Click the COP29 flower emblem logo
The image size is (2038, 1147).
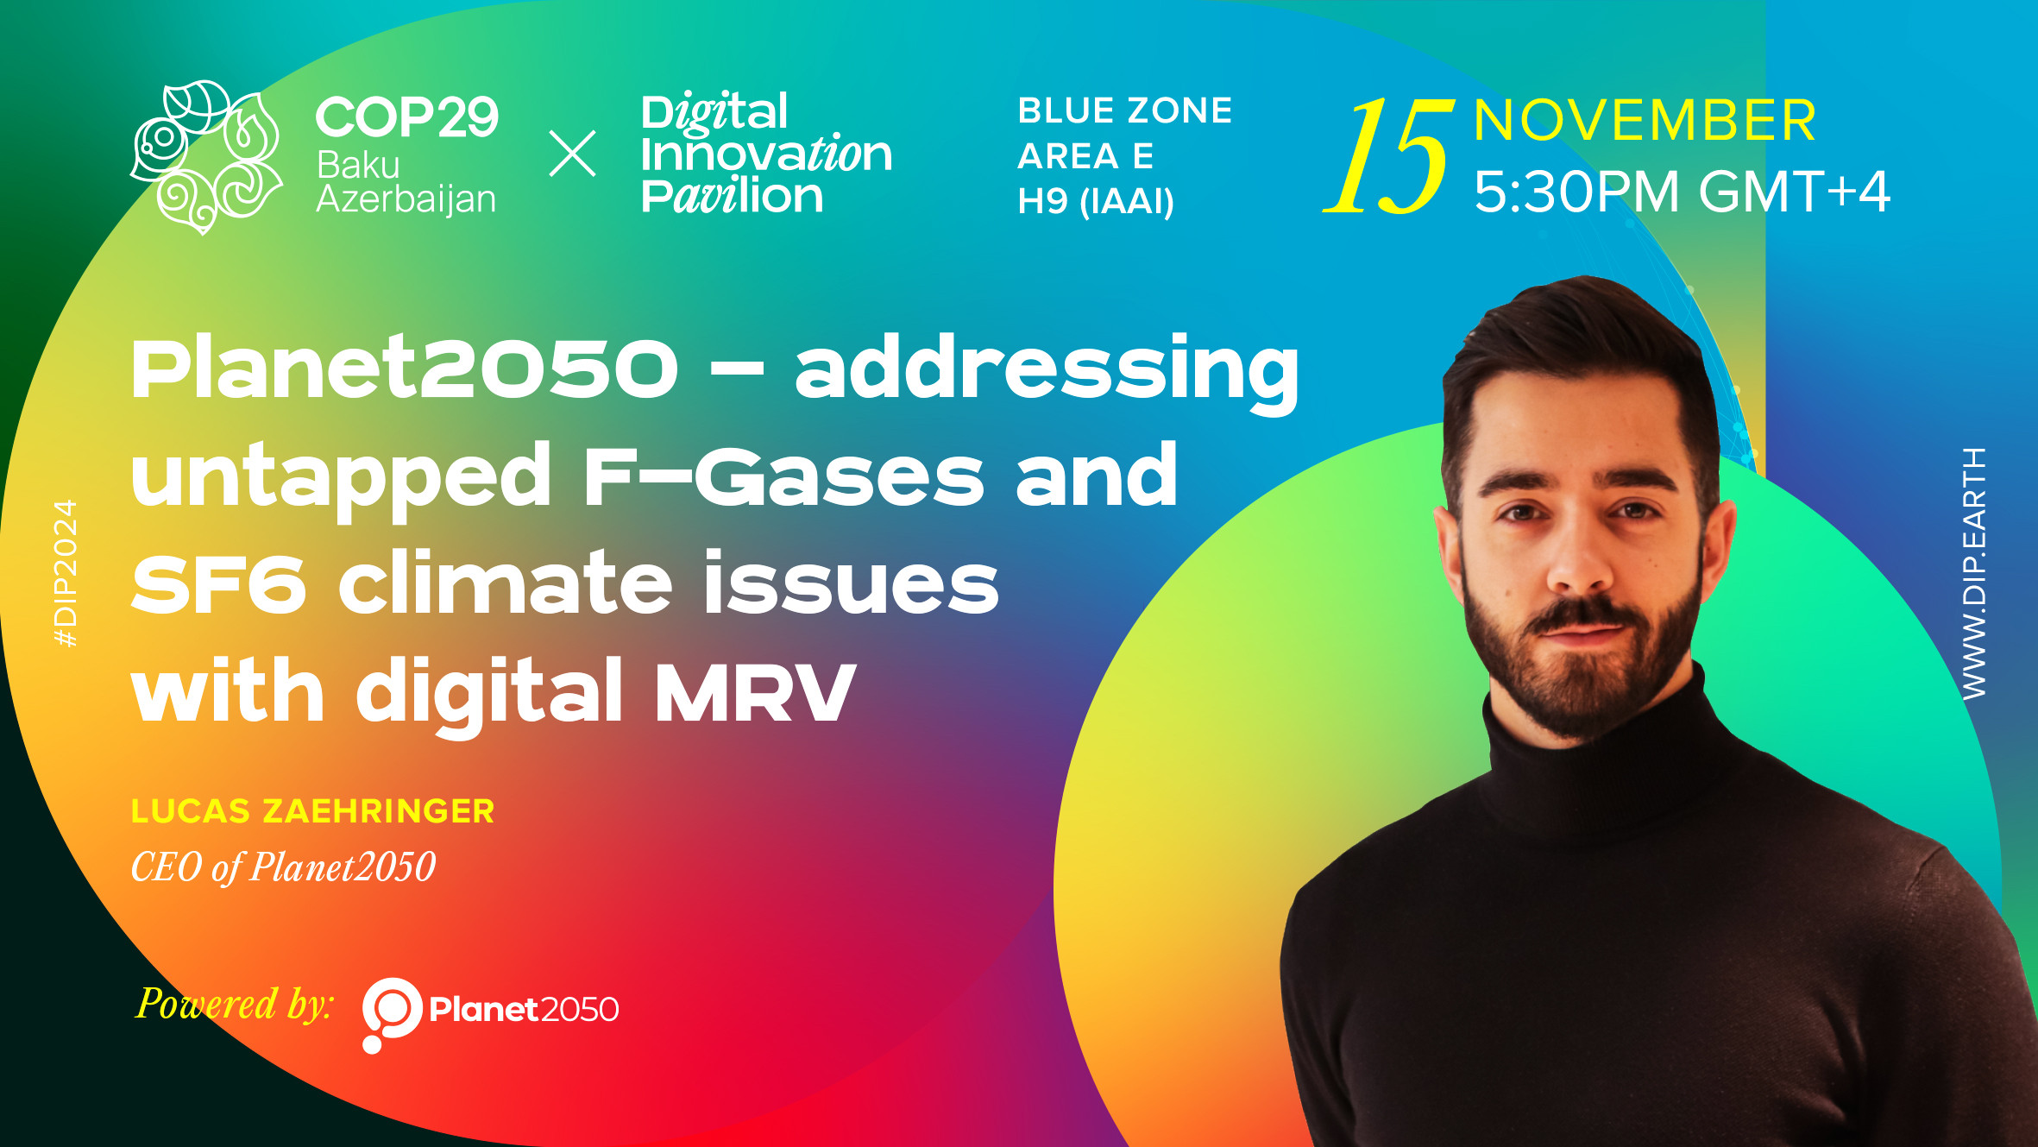click(x=206, y=157)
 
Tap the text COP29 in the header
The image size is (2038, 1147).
click(x=407, y=117)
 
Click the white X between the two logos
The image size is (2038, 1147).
click(x=573, y=154)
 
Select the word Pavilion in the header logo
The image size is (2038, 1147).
click(x=732, y=196)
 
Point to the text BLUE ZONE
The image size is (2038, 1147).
click(x=1125, y=110)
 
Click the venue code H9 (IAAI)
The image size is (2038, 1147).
click(x=1096, y=202)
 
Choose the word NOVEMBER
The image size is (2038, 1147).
click(x=1645, y=120)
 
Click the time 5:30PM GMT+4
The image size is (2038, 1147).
click(x=1682, y=191)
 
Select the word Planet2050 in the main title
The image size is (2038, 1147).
click(x=405, y=369)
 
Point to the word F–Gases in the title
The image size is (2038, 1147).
click(x=783, y=476)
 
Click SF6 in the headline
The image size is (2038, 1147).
click(x=219, y=583)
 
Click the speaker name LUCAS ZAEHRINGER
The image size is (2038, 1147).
click(x=312, y=811)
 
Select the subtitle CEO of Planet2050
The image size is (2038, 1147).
click(x=283, y=867)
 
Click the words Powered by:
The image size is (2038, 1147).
click(x=235, y=1005)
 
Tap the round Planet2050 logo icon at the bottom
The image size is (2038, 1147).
click(x=391, y=1015)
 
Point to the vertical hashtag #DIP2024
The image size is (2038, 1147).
click(x=66, y=573)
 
